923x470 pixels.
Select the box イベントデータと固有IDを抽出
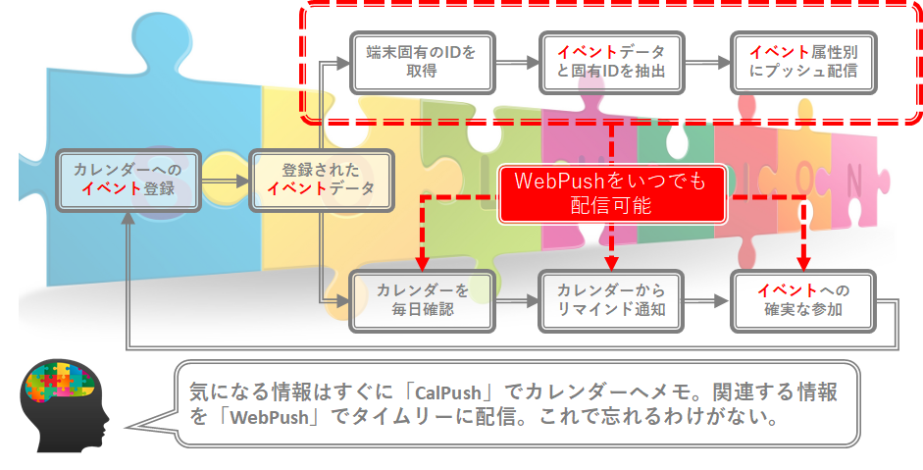610,61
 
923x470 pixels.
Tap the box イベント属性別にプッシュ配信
802,61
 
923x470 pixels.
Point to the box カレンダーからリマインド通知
610,300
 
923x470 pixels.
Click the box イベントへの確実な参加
802,300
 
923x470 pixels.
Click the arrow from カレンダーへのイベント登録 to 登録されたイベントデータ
225,181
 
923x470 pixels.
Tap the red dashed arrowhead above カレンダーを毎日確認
423,262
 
